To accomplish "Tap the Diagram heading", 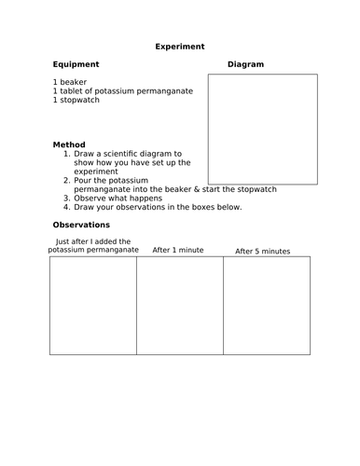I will pos(246,64).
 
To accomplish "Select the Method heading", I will pos(70,144).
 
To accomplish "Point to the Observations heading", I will pos(82,225).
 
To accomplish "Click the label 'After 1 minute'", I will pos(178,250).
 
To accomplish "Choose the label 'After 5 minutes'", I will pos(263,251).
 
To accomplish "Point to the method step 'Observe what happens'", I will pos(118,198).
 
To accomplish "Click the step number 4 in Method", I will pos(66,207).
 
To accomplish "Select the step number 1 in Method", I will pos(66,153).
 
